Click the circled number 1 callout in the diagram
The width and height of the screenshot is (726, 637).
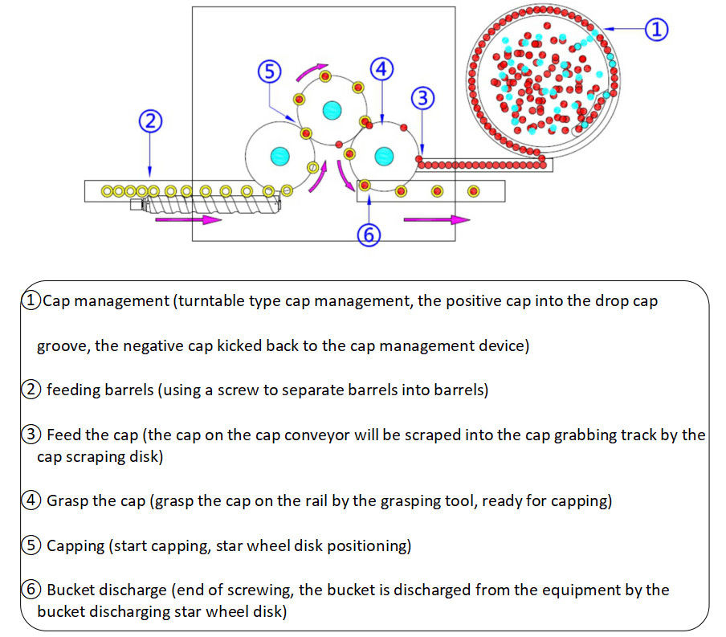[x=656, y=30]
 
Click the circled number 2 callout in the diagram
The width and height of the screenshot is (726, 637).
[x=150, y=122]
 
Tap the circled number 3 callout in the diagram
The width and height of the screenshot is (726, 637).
[x=422, y=99]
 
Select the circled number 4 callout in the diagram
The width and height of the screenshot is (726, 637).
[x=381, y=69]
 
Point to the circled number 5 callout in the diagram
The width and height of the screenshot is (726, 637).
[x=269, y=71]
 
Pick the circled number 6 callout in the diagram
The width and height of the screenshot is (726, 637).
[x=367, y=235]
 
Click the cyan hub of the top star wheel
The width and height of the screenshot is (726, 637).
[x=330, y=109]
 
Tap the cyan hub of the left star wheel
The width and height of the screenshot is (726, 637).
[x=279, y=155]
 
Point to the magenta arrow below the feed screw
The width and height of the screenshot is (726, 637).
[x=201, y=219]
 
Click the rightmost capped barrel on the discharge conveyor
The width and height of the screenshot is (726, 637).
[x=474, y=191]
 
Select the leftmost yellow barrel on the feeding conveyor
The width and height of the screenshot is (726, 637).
[x=107, y=191]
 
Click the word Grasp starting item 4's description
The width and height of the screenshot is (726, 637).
[x=67, y=501]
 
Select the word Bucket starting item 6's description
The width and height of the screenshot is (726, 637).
[x=71, y=590]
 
